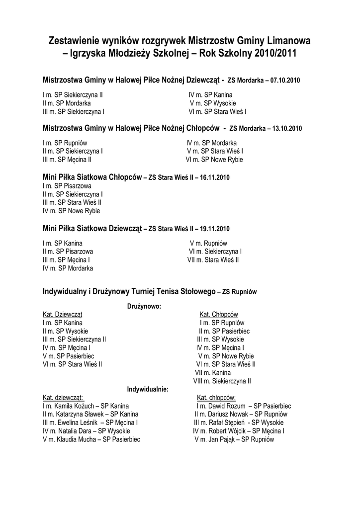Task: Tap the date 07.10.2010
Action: coord(285,80)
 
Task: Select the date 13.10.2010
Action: coord(284,128)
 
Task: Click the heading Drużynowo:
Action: coord(144,306)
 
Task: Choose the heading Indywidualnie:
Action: coord(148,389)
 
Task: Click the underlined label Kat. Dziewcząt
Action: coord(63,315)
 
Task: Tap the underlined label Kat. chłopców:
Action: coord(216,398)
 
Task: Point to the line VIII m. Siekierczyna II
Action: coord(222,381)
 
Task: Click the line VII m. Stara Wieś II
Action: coord(213,259)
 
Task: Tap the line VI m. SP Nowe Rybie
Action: coord(214,160)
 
